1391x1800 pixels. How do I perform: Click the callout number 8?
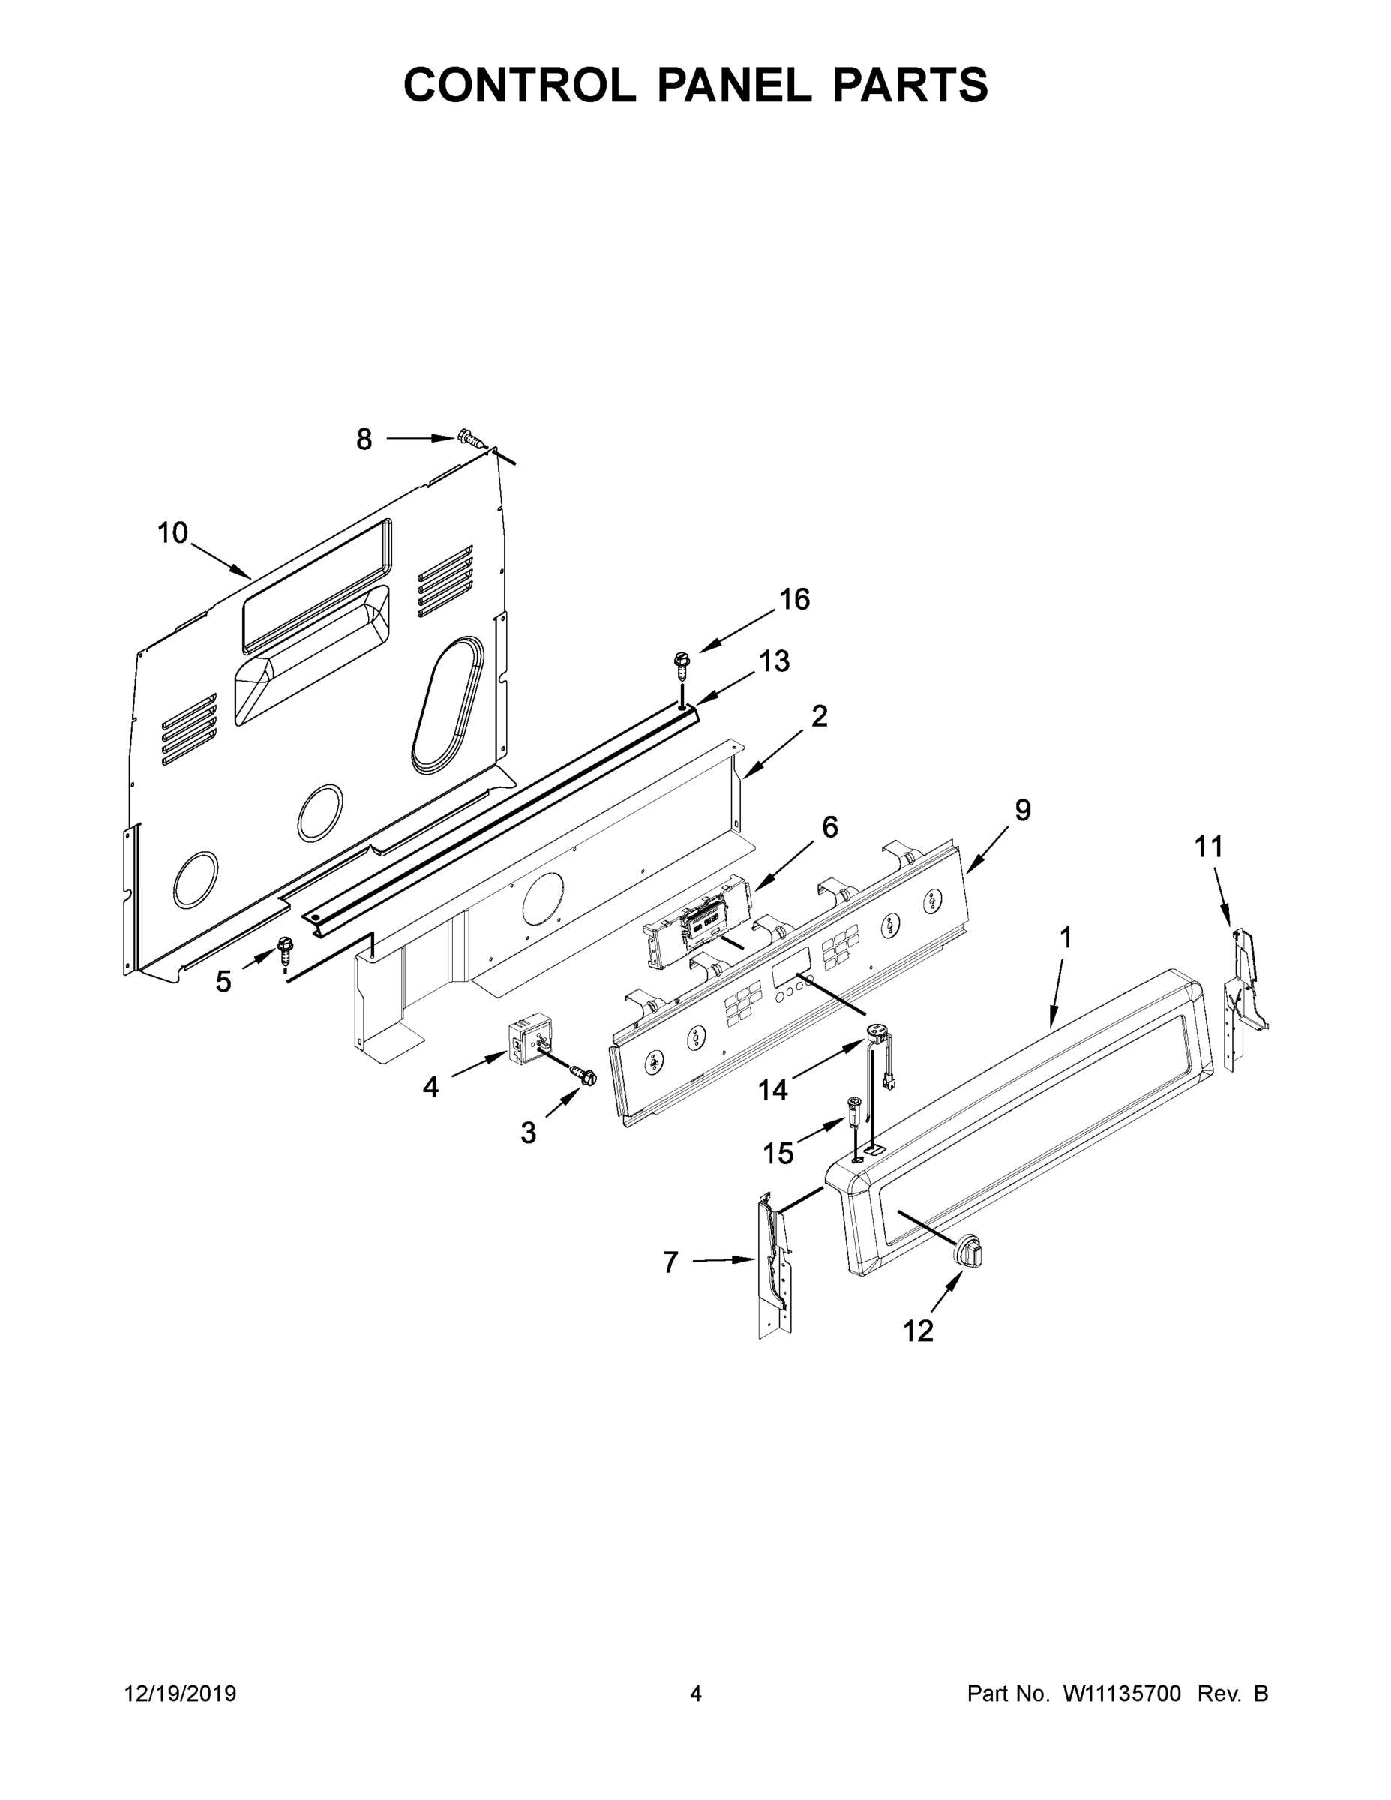tap(364, 439)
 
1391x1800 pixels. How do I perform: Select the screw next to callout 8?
tap(469, 438)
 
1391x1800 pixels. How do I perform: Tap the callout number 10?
tap(172, 533)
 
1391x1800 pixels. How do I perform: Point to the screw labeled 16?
tap(681, 661)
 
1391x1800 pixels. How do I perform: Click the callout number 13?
tap(774, 661)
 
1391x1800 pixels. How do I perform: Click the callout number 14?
tap(773, 1090)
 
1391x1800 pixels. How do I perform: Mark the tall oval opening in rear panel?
tap(449, 705)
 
